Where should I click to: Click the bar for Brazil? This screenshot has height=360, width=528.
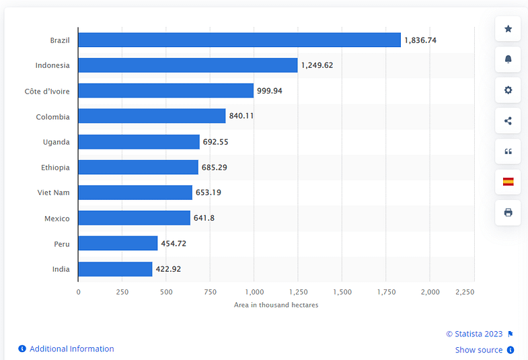239,40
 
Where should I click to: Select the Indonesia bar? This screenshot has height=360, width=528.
188,65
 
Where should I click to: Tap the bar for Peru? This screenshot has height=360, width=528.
118,243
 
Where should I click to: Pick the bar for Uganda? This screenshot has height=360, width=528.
139,142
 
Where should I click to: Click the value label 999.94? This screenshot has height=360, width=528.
270,91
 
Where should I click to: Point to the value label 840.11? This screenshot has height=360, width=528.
241,116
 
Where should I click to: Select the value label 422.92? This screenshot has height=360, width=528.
168,269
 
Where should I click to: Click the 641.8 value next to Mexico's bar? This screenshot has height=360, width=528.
204,218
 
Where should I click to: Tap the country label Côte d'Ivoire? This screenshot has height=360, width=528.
47,91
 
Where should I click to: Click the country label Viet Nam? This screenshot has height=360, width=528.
53,192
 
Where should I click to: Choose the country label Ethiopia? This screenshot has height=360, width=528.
55,167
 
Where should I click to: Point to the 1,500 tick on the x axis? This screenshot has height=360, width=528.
342,292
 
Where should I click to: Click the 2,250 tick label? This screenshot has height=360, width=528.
465,292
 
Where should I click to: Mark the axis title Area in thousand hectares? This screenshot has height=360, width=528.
276,305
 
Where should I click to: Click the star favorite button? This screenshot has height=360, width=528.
508,28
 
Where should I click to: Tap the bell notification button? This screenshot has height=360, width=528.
508,59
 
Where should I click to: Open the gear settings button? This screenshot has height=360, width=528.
508,90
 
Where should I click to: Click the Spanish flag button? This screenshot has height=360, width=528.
508,182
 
